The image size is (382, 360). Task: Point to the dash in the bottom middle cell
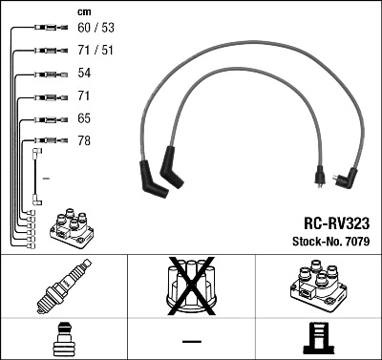point(191,340)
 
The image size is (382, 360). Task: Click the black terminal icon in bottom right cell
point(317,339)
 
